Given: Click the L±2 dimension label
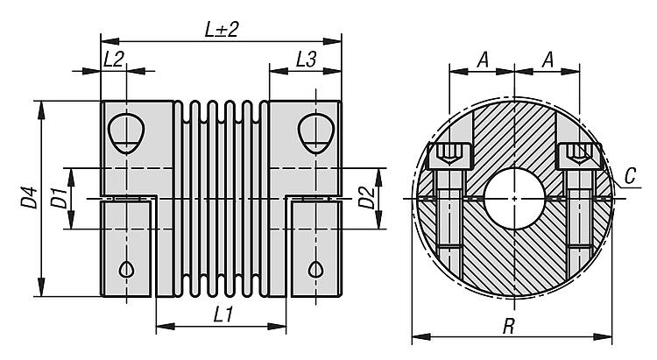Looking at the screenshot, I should click(x=222, y=29).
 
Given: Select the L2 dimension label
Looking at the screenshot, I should click(x=113, y=60).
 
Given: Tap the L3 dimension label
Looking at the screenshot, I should click(x=305, y=60).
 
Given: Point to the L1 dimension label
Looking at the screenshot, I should click(x=222, y=314).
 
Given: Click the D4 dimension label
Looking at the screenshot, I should click(x=29, y=201).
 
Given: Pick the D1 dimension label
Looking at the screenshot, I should click(x=57, y=198).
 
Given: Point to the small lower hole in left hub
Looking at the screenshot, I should click(x=128, y=269).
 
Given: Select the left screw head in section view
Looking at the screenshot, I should click(x=449, y=157).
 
